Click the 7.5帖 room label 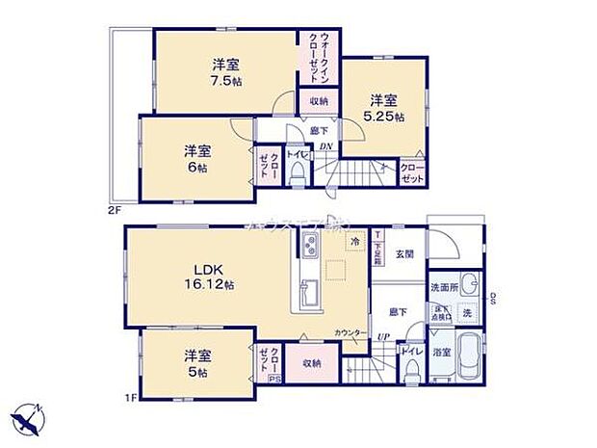pos(225,72)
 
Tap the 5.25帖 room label pos(383,107)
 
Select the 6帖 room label pos(197,158)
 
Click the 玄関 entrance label pos(403,254)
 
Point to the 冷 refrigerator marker pos(355,242)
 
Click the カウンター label pos(348,333)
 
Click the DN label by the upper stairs pos(325,146)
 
